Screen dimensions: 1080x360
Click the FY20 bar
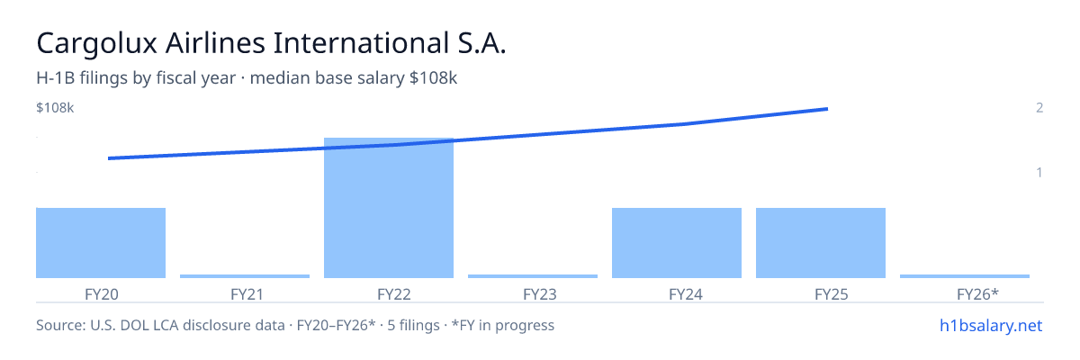click(x=101, y=243)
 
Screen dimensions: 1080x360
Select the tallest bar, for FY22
click(x=389, y=208)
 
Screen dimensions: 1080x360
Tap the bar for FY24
click(x=677, y=243)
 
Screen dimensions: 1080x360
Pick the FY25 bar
click(x=821, y=243)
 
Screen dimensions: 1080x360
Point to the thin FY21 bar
click(x=245, y=276)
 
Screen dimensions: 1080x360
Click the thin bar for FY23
click(x=533, y=276)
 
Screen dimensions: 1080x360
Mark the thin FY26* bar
click(x=965, y=276)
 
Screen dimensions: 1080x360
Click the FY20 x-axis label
click(x=101, y=294)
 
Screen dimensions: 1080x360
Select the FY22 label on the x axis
click(x=394, y=294)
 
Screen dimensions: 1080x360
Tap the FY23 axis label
click(x=540, y=294)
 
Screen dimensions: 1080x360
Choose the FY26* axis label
click(x=977, y=294)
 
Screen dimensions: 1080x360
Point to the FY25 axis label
click(x=832, y=294)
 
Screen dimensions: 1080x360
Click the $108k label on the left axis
click(x=55, y=108)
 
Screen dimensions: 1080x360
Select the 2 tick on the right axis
click(x=1039, y=108)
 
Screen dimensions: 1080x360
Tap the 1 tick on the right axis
click(x=1039, y=173)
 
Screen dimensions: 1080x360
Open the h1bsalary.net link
click(x=991, y=326)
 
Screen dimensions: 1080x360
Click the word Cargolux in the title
click(x=97, y=44)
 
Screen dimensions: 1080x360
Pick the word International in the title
click(x=362, y=43)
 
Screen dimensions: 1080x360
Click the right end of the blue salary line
click(x=827, y=109)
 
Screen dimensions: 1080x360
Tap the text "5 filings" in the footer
click(x=414, y=326)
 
